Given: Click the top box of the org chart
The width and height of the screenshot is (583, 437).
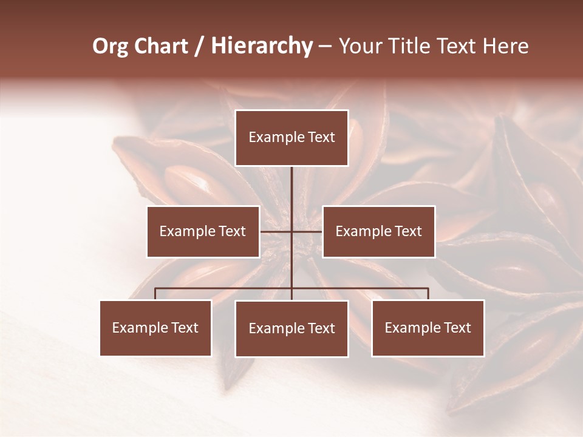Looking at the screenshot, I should tap(291, 138).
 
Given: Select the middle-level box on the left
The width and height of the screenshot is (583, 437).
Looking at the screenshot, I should tap(203, 231).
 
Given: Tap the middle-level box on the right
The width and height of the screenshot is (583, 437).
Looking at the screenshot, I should tap(378, 231).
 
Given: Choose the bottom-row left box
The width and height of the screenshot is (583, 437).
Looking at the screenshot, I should tap(155, 328).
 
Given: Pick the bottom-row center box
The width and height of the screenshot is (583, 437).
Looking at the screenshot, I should tap(291, 328).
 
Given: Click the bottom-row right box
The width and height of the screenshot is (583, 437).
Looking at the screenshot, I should tap(428, 328).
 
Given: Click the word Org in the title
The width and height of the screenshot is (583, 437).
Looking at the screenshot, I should tap(110, 46).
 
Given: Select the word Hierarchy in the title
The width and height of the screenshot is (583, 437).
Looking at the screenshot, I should tap(261, 46).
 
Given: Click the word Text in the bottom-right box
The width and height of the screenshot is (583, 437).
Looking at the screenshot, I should tap(457, 328).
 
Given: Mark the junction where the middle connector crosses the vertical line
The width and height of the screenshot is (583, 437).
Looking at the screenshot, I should tap(291, 231).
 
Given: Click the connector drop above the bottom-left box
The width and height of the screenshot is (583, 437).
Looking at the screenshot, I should tap(155, 294).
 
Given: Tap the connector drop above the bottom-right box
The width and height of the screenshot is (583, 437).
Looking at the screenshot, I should tap(428, 294).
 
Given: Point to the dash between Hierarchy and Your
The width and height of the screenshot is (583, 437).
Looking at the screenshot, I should tap(325, 46).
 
